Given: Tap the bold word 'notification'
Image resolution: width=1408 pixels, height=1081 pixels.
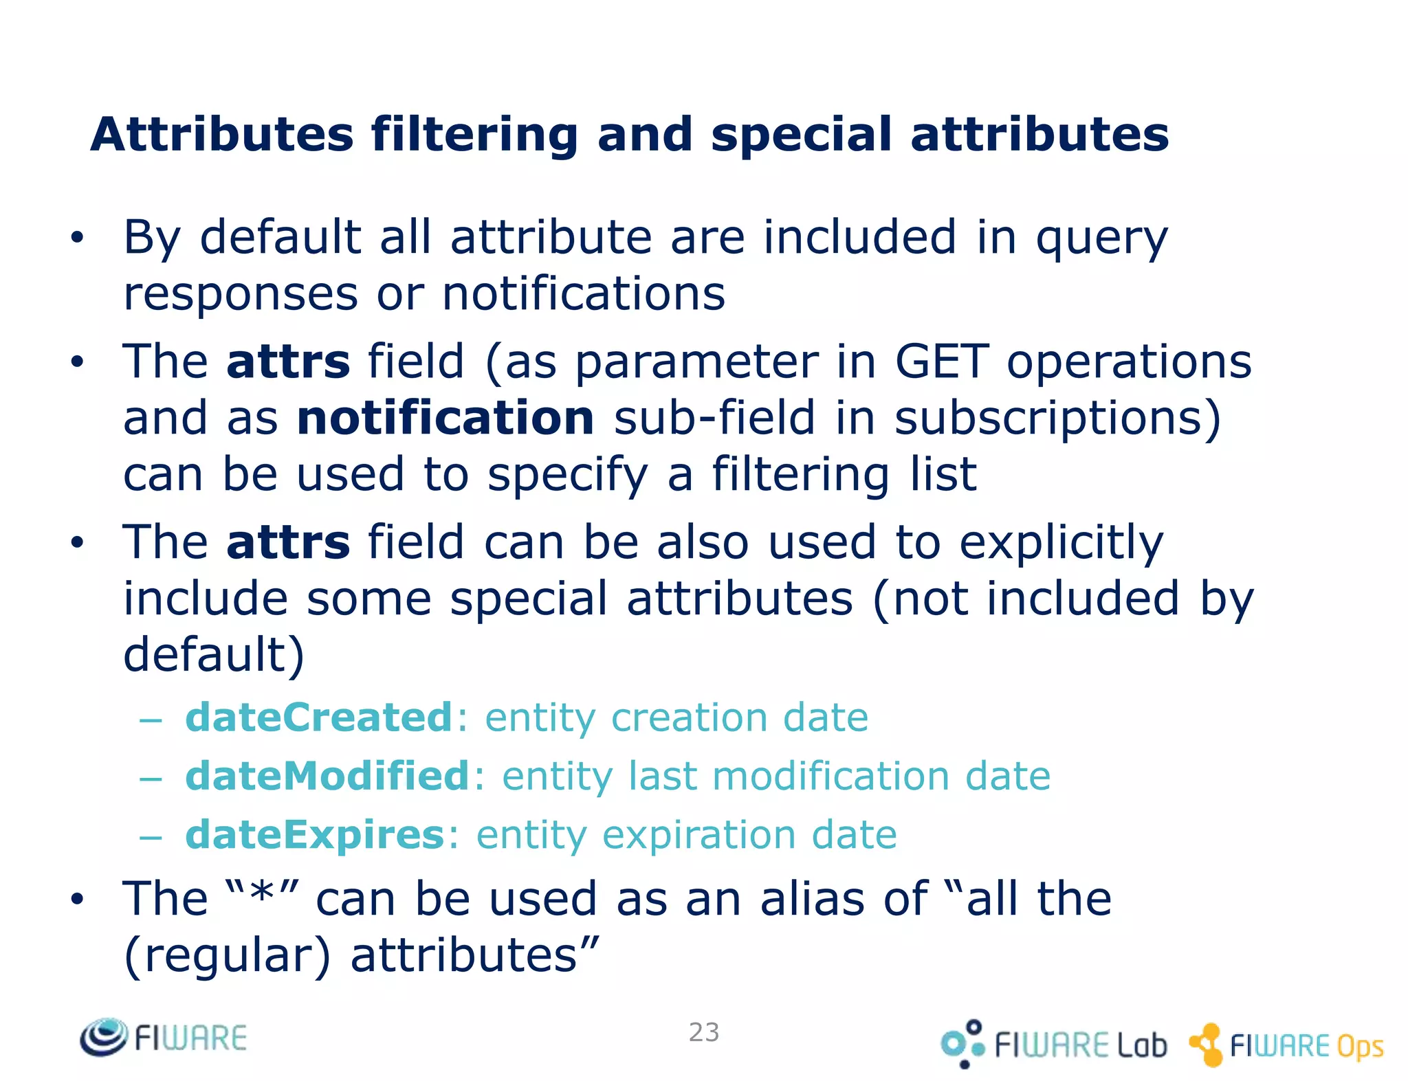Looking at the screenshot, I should point(445,418).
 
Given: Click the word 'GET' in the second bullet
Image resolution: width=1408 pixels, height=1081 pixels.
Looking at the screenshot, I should point(941,362).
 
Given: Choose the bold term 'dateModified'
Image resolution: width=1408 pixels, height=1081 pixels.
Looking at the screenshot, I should point(328,776).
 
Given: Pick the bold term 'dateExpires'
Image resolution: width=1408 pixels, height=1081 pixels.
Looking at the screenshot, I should point(316,835).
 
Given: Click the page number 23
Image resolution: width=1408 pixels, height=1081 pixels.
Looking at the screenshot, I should point(704,1032).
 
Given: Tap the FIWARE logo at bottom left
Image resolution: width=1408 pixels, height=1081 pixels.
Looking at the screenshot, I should point(164,1038).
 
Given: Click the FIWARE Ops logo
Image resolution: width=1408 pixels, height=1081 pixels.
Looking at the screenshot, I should point(1286,1045).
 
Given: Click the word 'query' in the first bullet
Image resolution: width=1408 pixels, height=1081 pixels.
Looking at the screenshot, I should point(1101,238).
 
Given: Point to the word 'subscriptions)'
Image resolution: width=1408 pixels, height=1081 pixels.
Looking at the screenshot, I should point(1057,418).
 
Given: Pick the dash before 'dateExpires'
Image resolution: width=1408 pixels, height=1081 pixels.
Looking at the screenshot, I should point(150,838).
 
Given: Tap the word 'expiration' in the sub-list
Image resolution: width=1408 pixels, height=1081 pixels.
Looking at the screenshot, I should point(696,836).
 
